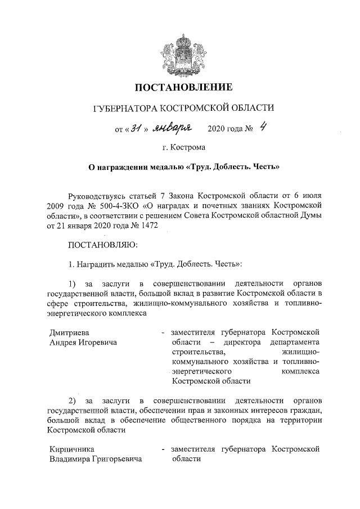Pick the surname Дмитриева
coord(69,332)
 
